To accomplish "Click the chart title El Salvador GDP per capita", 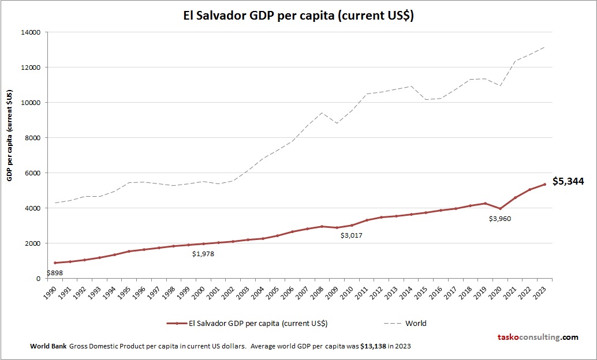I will click(x=298, y=16).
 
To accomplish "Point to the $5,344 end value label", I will click(x=568, y=181).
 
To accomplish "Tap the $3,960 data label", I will click(x=500, y=219).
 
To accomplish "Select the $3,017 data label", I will click(x=352, y=235).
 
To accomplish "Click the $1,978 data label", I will click(x=203, y=254).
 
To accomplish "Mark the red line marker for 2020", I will click(x=501, y=209).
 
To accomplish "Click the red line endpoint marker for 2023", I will click(x=544, y=185).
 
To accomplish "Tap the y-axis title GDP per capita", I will click(x=10, y=136).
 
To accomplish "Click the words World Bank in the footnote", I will click(x=48, y=346).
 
